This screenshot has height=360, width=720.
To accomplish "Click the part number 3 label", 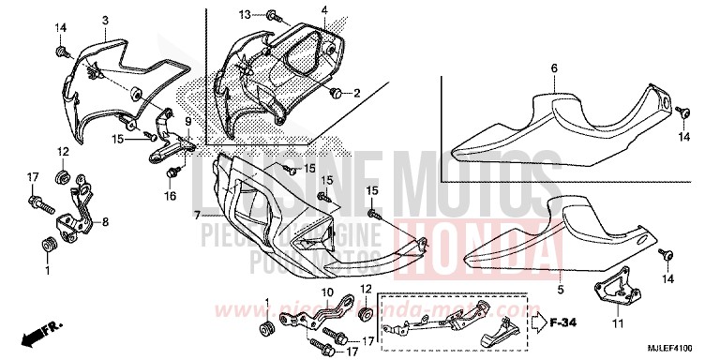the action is [105, 20].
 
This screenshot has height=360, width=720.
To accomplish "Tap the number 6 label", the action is [554, 67].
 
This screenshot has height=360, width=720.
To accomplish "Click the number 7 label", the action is [198, 215].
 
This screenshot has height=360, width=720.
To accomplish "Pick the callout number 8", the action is [105, 222].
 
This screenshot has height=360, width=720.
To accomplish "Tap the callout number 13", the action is [243, 15].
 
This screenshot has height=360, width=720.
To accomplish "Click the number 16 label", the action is [171, 196].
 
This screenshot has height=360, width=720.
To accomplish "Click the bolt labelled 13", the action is [270, 16].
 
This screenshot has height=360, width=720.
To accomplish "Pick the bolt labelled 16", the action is [172, 173].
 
